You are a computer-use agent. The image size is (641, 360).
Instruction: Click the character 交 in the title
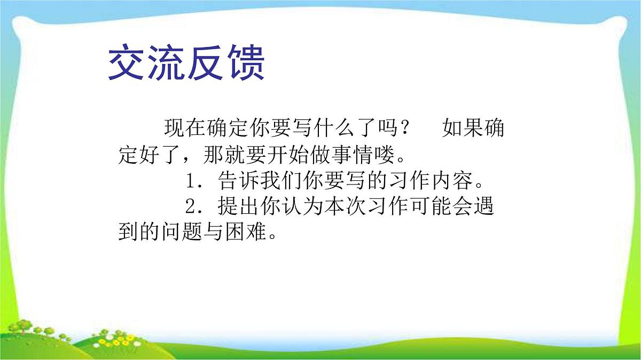128,64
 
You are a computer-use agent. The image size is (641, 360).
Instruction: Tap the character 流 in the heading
168,64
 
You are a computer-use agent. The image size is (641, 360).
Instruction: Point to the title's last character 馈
246,64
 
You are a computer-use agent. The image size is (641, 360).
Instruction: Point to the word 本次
346,207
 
